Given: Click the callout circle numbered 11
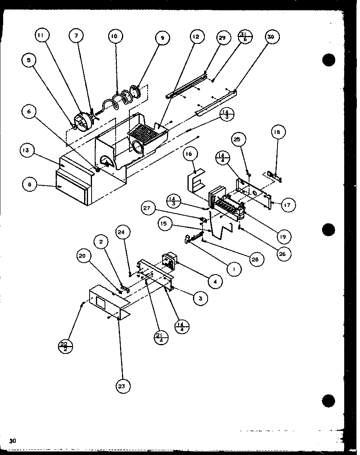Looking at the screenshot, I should coord(41,35).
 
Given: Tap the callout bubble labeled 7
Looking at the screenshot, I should coord(76,35).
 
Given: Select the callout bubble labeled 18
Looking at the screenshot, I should coord(277,132).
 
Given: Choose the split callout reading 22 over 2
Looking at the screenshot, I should coord(65,347).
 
